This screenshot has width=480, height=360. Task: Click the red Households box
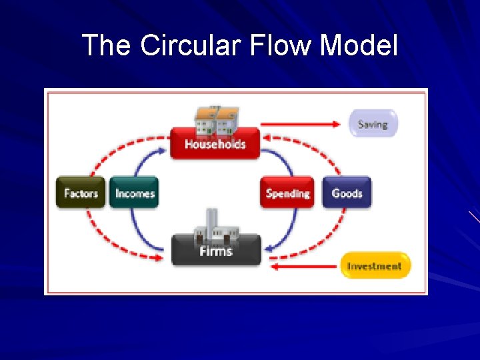click(x=215, y=143)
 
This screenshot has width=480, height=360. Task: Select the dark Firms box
click(x=216, y=251)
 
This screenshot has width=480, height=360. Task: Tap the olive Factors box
click(x=81, y=193)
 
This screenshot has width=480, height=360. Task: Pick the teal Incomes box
click(x=134, y=193)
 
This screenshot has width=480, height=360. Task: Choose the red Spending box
click(x=287, y=193)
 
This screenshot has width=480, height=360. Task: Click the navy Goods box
click(x=347, y=193)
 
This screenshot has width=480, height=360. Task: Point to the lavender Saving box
click(x=373, y=124)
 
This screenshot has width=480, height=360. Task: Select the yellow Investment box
click(x=375, y=266)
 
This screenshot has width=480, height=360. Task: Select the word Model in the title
click(x=359, y=46)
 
